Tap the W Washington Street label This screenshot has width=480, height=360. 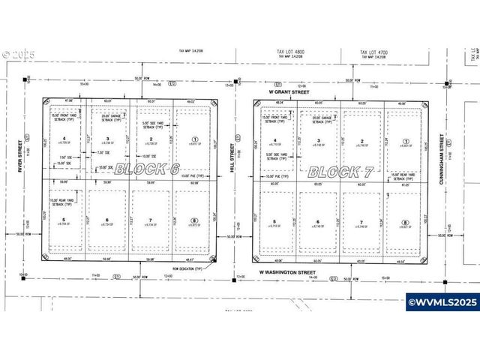pyautogui.click(x=289, y=271)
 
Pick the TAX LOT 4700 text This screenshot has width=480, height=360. pyautogui.click(x=373, y=52)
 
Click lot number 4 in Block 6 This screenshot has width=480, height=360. pyautogui.click(x=64, y=138)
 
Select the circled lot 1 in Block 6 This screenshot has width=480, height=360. pyautogui.click(x=195, y=139)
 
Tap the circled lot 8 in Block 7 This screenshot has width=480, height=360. pyautogui.click(x=406, y=222)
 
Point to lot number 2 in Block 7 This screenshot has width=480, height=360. pyautogui.click(x=363, y=141)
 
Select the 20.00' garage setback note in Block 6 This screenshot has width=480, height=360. pyautogui.click(x=112, y=118)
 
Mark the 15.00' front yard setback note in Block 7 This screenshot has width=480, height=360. pyautogui.click(x=274, y=119)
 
